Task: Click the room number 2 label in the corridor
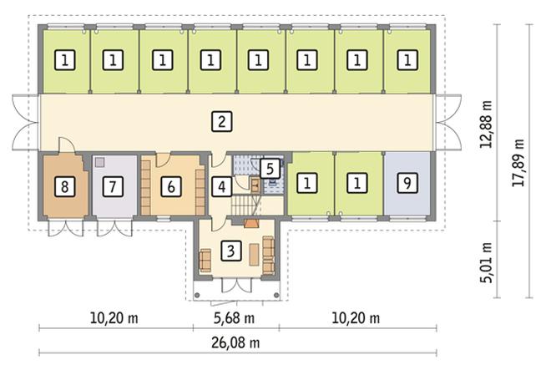[220, 123]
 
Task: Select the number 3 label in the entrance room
[233, 249]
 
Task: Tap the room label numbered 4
[220, 185]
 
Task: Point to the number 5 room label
[268, 168]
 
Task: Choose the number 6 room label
[170, 185]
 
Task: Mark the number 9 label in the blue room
[407, 182]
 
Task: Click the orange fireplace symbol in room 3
[250, 223]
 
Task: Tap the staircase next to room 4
[243, 203]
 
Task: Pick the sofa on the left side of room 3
[205, 260]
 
